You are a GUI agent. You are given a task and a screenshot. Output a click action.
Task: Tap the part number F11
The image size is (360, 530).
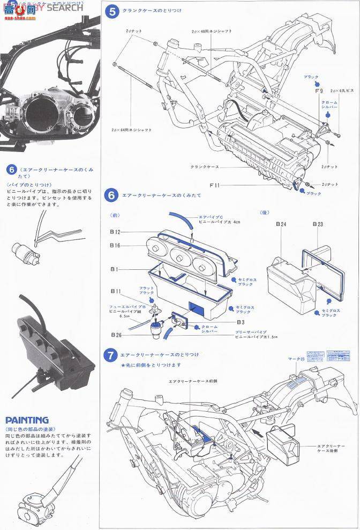215,185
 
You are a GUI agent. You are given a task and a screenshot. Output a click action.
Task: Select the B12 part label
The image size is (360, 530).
116,232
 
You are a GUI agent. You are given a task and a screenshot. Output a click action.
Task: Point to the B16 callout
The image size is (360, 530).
116,245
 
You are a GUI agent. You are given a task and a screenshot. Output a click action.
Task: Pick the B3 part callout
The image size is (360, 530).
241,322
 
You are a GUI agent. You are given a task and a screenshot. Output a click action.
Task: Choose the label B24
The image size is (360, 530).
281,225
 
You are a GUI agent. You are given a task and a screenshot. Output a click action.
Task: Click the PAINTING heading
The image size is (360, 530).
27,420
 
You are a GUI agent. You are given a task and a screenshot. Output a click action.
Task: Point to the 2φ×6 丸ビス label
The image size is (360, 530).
342,91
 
